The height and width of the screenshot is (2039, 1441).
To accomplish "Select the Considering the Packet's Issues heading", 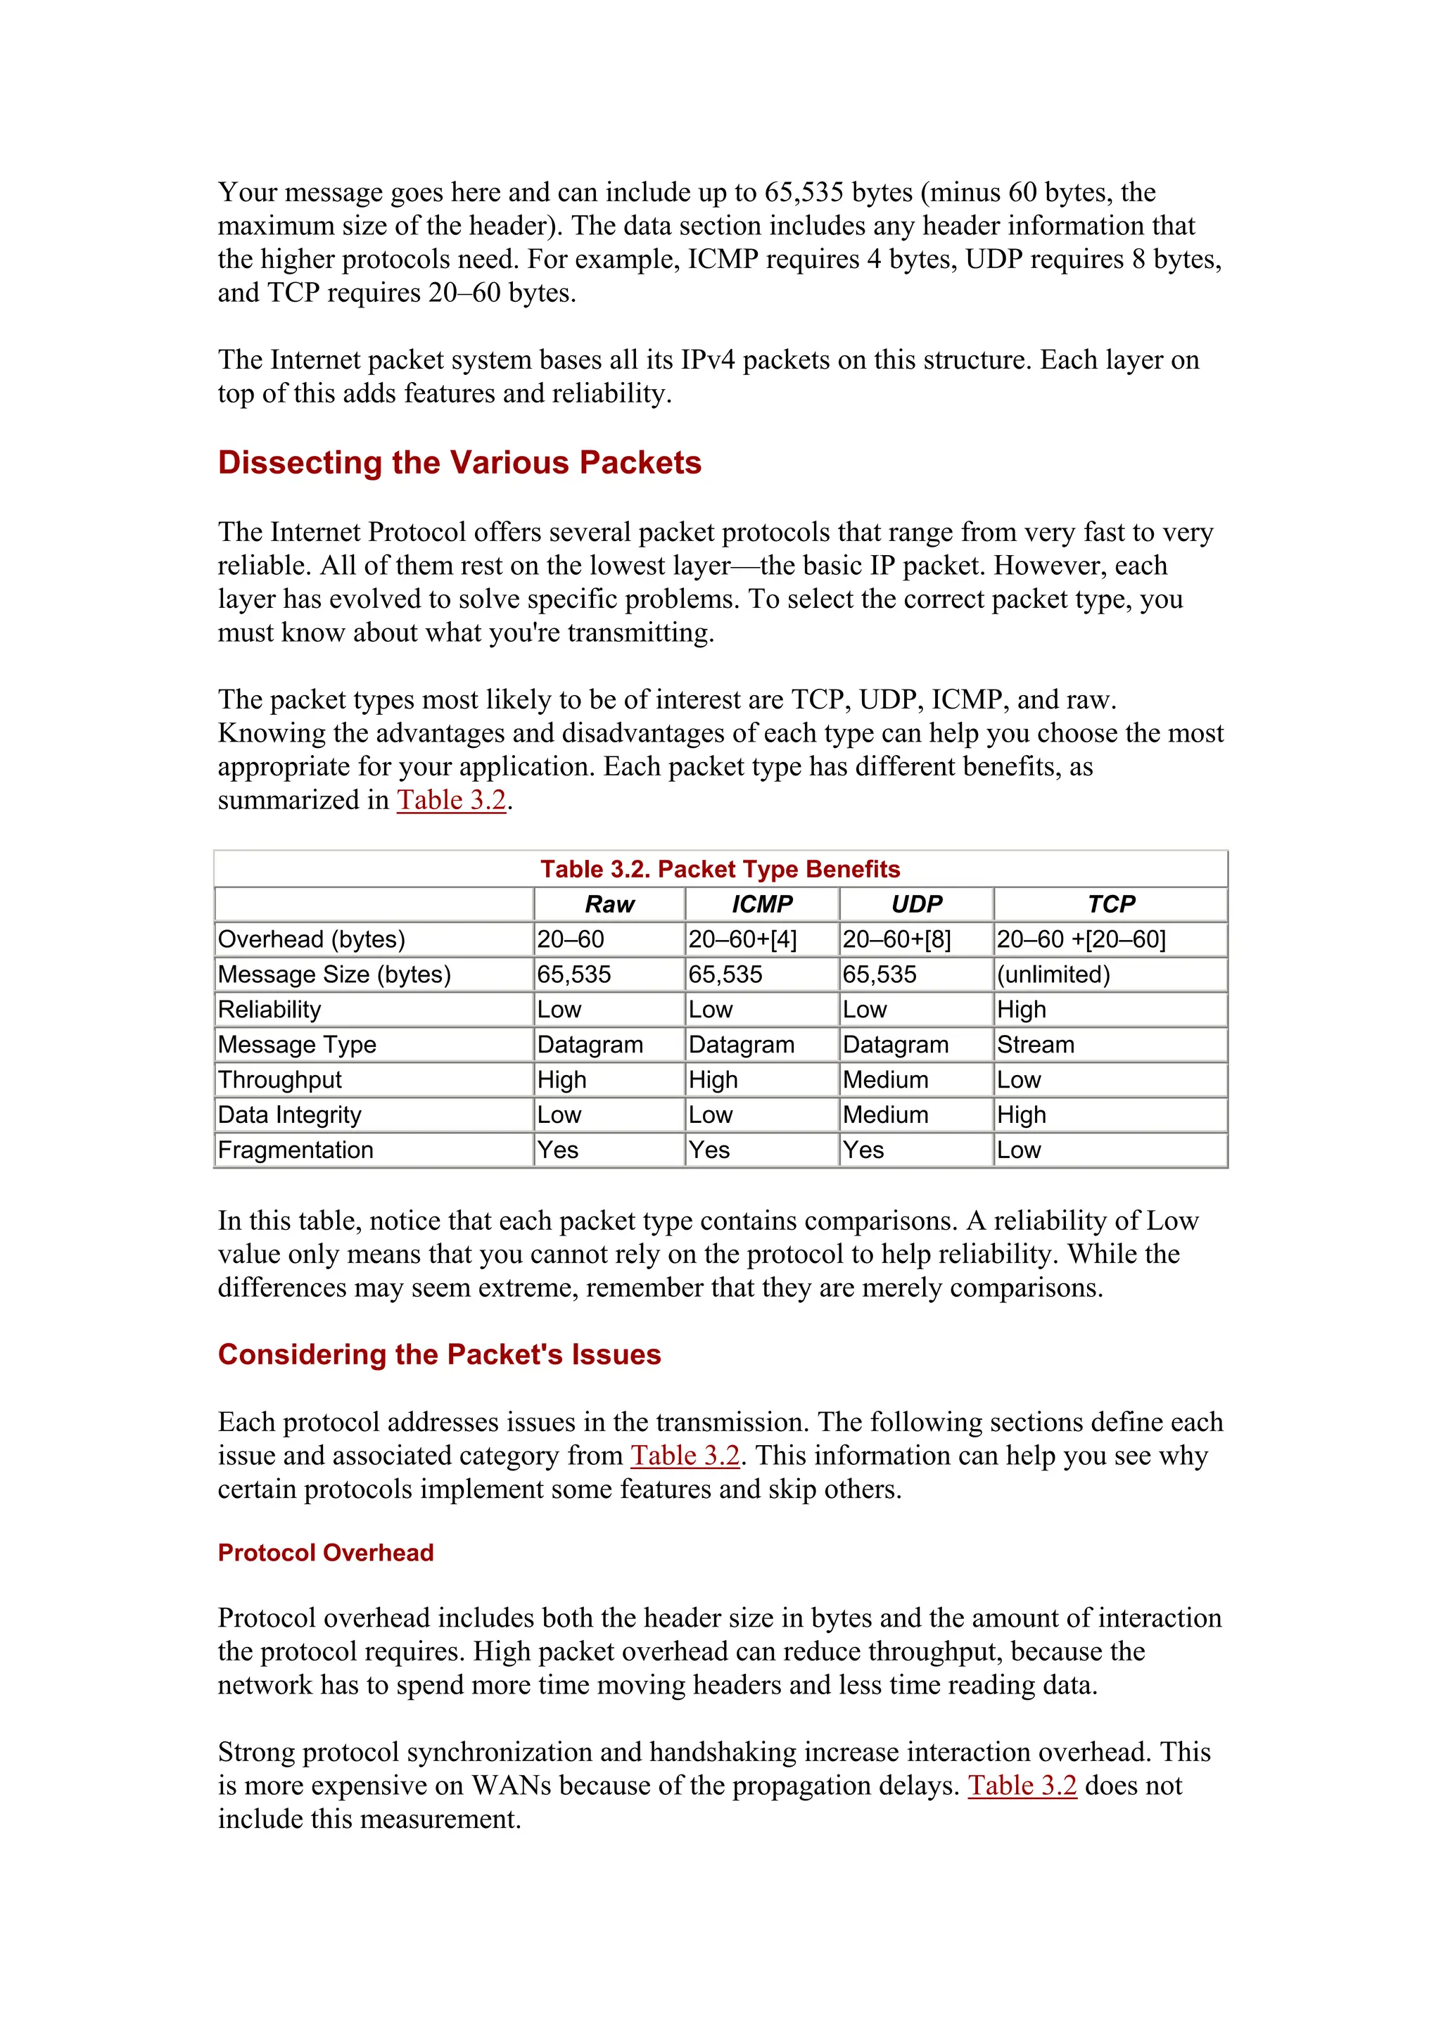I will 440,1354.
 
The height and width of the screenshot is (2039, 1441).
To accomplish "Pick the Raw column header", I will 609,904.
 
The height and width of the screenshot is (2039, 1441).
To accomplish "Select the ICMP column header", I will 762,904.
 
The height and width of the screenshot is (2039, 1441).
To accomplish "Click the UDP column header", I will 916,904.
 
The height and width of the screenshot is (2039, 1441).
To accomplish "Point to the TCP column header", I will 1111,904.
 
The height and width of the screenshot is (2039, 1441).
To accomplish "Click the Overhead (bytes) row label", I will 312,939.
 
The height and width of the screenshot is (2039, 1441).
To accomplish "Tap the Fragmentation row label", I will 296,1150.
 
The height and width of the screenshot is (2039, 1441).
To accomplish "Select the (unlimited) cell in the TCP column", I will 1053,974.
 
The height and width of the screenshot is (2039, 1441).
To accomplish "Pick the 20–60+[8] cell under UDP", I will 896,939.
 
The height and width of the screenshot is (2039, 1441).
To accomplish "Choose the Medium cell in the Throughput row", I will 885,1080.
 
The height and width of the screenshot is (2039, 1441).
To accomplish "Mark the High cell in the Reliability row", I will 1021,1010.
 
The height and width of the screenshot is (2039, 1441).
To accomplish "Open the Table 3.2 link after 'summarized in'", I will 451,800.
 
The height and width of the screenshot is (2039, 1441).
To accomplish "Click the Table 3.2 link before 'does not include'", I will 1022,1786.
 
